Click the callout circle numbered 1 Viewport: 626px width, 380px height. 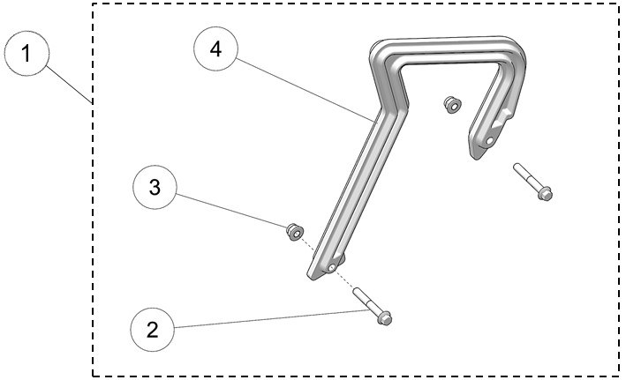click(28, 55)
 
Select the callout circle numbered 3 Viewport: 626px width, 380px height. click(155, 188)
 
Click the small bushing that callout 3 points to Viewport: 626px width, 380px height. click(290, 232)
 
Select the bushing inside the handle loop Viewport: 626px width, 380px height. click(452, 104)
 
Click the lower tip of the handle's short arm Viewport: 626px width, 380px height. click(477, 154)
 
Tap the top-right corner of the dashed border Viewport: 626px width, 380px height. click(619, 4)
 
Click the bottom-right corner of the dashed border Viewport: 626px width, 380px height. click(619, 376)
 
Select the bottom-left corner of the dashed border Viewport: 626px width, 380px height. click(93, 376)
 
